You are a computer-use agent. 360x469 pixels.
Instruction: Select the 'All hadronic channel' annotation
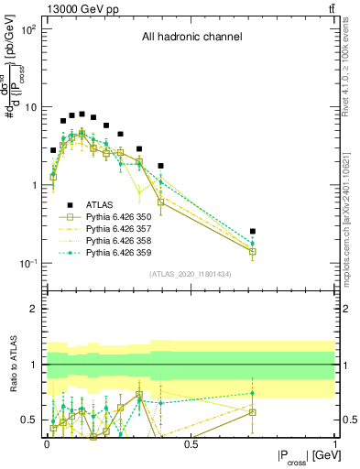191,38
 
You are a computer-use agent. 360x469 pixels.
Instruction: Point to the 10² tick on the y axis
27,29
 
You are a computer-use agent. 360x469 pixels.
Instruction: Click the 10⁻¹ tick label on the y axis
27,264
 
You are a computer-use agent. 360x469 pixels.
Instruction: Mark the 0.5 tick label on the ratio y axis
27,420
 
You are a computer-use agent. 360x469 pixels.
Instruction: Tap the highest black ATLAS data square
82,115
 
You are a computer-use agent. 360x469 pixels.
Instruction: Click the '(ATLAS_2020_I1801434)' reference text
191,274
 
